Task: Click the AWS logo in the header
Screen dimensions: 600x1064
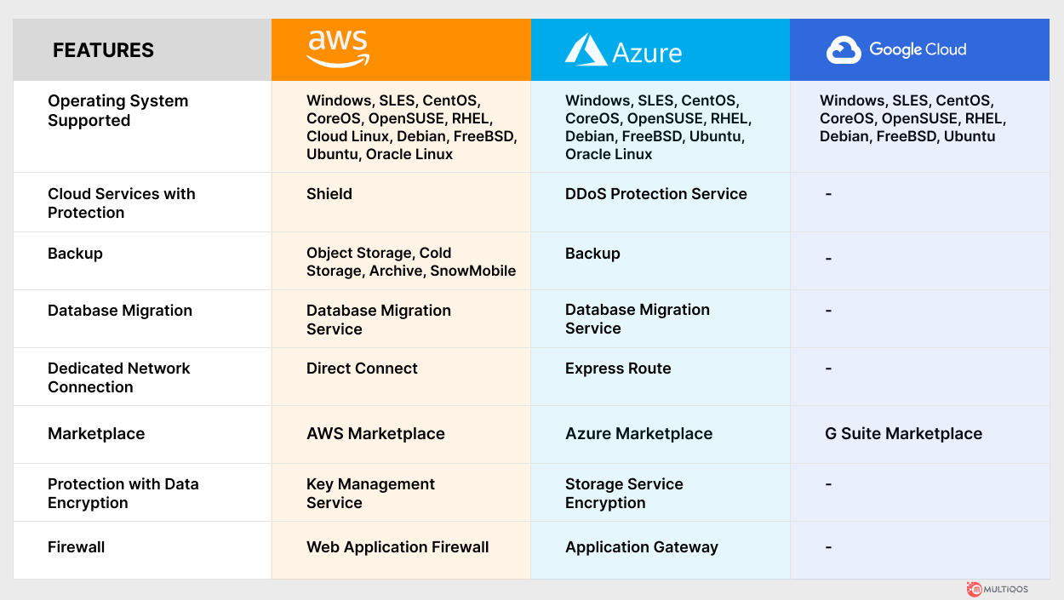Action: (338, 49)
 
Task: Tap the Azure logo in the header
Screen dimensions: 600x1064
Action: (623, 50)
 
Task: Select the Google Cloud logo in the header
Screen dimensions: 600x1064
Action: (896, 49)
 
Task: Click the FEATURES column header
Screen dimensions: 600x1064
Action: (103, 50)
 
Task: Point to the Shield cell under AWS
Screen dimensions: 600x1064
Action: (329, 194)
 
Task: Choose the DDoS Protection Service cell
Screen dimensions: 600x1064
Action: (655, 194)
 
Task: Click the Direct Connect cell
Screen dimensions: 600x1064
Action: (362, 369)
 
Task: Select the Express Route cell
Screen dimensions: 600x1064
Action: (618, 369)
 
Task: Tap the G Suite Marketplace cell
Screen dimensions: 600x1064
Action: (903, 434)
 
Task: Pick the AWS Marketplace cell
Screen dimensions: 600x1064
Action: (375, 434)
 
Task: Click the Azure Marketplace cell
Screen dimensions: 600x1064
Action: (638, 434)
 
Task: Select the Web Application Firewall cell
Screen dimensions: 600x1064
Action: (398, 547)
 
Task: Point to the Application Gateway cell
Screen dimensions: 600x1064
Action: (641, 547)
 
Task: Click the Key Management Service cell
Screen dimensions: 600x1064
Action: (370, 494)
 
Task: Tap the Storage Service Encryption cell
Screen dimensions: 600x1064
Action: (624, 494)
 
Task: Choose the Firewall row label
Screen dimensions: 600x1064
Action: (77, 547)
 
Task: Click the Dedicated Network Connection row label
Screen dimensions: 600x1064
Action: (118, 378)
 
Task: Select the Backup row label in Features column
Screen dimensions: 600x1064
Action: (75, 254)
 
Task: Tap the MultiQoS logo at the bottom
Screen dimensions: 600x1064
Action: (997, 589)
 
